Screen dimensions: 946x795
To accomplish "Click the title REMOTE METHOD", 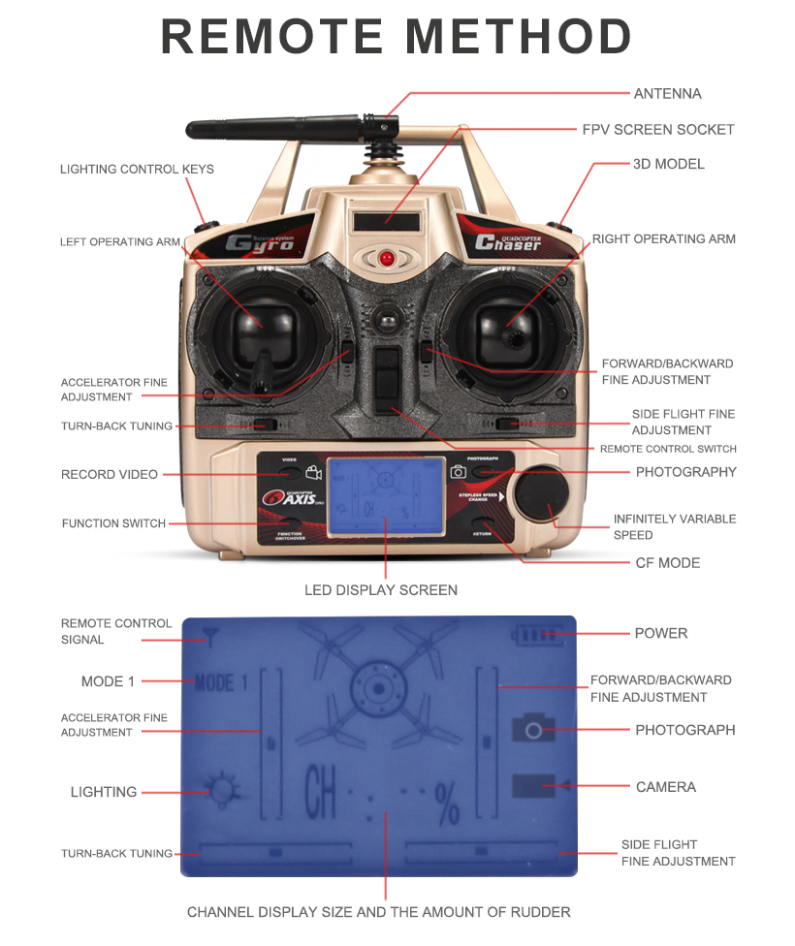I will click(x=397, y=37).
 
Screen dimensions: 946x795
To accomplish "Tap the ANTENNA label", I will click(x=667, y=94).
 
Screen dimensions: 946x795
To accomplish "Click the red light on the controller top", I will click(x=386, y=259).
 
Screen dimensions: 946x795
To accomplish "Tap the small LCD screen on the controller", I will click(x=385, y=494).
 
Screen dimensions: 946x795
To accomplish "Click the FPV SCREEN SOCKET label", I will click(x=657, y=130).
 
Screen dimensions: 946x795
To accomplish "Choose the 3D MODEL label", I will click(x=668, y=164).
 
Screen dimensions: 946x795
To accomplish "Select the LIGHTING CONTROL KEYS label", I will click(x=137, y=170).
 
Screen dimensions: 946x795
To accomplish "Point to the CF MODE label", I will click(x=667, y=563).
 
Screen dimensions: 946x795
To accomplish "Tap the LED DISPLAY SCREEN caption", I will click(x=381, y=590).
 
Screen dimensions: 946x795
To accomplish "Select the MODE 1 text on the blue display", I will click(x=220, y=682).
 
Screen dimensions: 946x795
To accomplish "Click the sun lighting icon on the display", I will click(x=222, y=792).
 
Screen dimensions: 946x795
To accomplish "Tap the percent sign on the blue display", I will click(x=447, y=804).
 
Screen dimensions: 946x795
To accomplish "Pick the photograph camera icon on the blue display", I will click(x=533, y=729).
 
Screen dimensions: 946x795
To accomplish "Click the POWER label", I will click(x=660, y=634).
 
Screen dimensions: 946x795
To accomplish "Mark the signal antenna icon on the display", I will click(x=209, y=636).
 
